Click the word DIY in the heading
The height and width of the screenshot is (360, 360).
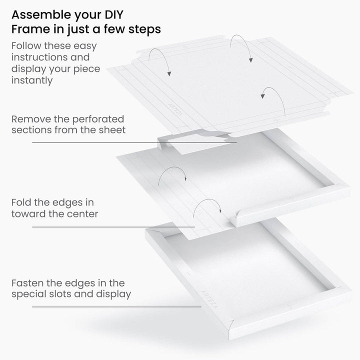coord(114,14)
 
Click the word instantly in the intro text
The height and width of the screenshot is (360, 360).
coord(32,80)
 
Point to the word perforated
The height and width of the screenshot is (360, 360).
coord(98,119)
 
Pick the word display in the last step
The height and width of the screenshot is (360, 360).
coord(113,294)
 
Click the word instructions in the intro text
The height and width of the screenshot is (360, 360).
coord(39,57)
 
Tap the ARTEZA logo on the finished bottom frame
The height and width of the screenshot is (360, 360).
coord(209,299)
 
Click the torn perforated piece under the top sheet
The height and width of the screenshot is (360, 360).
coord(195,143)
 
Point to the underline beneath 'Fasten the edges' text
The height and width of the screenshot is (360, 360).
coord(116,306)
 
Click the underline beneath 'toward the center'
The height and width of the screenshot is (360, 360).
coord(113,227)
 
